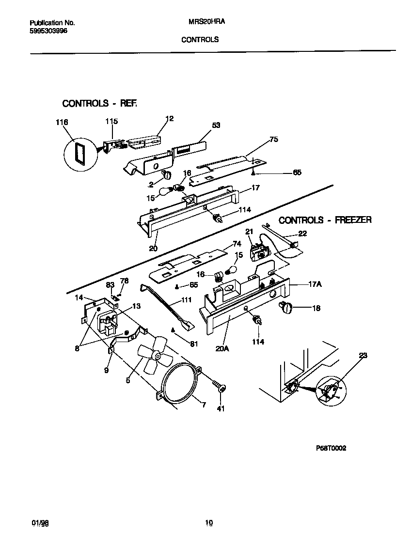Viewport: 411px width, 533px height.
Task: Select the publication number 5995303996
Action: [x=48, y=30]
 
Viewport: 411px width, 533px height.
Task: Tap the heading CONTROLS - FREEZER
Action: [x=325, y=220]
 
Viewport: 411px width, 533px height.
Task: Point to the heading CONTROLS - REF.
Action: [x=100, y=103]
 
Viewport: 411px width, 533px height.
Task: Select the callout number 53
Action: [x=216, y=125]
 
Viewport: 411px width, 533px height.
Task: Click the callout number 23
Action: [x=363, y=356]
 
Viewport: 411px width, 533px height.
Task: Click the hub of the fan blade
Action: [x=157, y=356]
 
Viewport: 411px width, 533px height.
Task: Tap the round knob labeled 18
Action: [x=287, y=306]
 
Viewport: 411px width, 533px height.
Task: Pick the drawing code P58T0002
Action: [x=331, y=449]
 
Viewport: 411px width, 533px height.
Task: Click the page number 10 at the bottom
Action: [x=208, y=522]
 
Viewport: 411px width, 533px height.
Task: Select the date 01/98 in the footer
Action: [x=40, y=523]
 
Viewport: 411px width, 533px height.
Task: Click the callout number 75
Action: [x=273, y=139]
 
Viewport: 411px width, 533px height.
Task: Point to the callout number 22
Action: [x=302, y=234]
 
